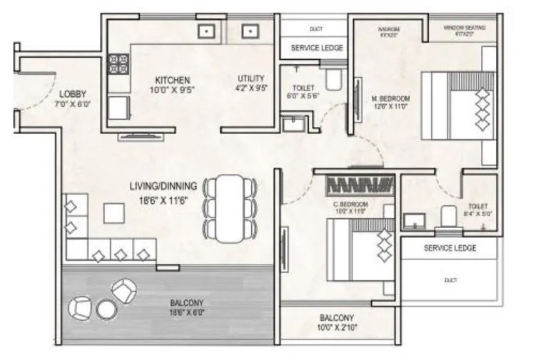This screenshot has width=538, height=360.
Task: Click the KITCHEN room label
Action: pyautogui.click(x=171, y=80)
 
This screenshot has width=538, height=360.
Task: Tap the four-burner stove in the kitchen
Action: pyautogui.click(x=118, y=63)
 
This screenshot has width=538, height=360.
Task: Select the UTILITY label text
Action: pyautogui.click(x=251, y=78)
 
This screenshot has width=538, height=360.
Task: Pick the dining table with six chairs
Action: pyautogui.click(x=230, y=206)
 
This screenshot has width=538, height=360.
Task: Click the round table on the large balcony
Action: pyautogui.click(x=106, y=309)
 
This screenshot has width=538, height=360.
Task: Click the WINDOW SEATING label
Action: pyautogui.click(x=465, y=27)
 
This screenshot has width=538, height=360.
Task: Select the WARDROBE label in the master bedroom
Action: pyautogui.click(x=389, y=29)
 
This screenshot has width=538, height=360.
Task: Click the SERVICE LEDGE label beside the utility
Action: pyautogui.click(x=317, y=48)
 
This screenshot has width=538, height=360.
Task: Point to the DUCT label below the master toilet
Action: pyautogui.click(x=450, y=280)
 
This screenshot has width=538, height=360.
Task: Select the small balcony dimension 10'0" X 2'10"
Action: pyautogui.click(x=337, y=328)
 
